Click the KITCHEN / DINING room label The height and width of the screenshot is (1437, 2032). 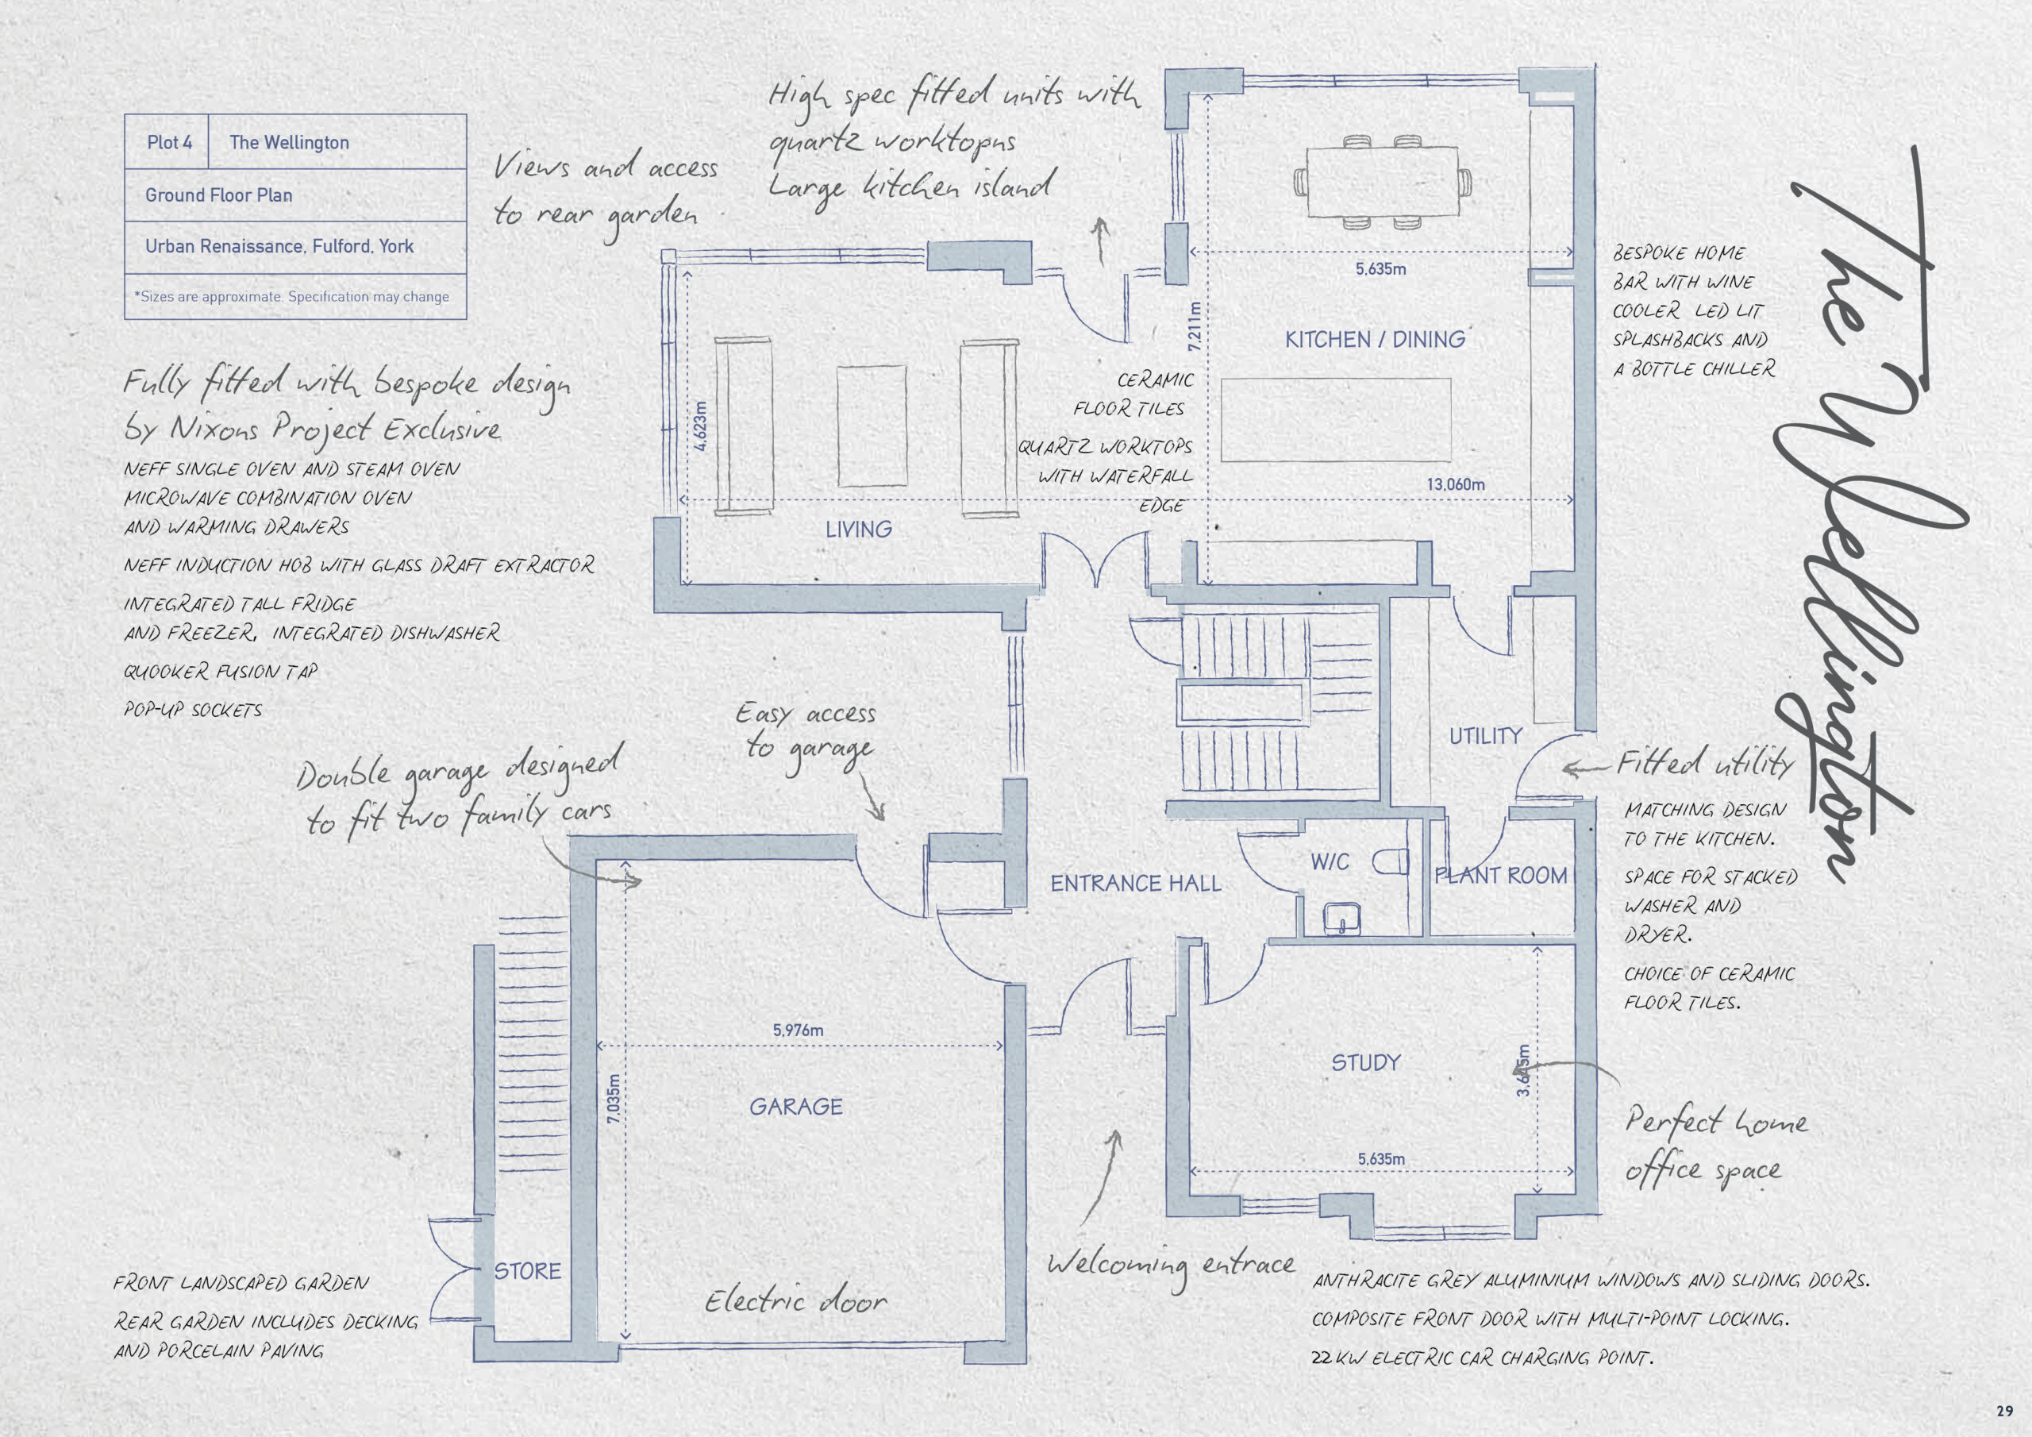1376,340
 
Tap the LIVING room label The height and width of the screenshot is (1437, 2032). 859,530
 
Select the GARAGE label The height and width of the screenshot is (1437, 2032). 795,1107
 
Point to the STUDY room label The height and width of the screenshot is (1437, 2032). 1365,1062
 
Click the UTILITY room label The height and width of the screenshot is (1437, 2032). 1485,736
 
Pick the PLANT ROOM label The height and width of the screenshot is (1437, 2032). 1501,876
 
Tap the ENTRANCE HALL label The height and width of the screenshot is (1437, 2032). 1136,884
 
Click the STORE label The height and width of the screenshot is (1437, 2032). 528,1271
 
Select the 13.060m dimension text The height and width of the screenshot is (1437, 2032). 1456,484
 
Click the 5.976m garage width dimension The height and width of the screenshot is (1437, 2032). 798,1031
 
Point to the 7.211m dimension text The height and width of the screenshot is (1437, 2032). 1195,326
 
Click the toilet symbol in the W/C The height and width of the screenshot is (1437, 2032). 1391,861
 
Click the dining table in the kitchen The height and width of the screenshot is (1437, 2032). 1383,182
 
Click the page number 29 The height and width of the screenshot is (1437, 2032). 2004,1412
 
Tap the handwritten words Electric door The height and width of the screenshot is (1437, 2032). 795,1300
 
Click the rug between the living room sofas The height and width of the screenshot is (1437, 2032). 872,426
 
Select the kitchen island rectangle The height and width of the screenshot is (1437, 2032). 1337,420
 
